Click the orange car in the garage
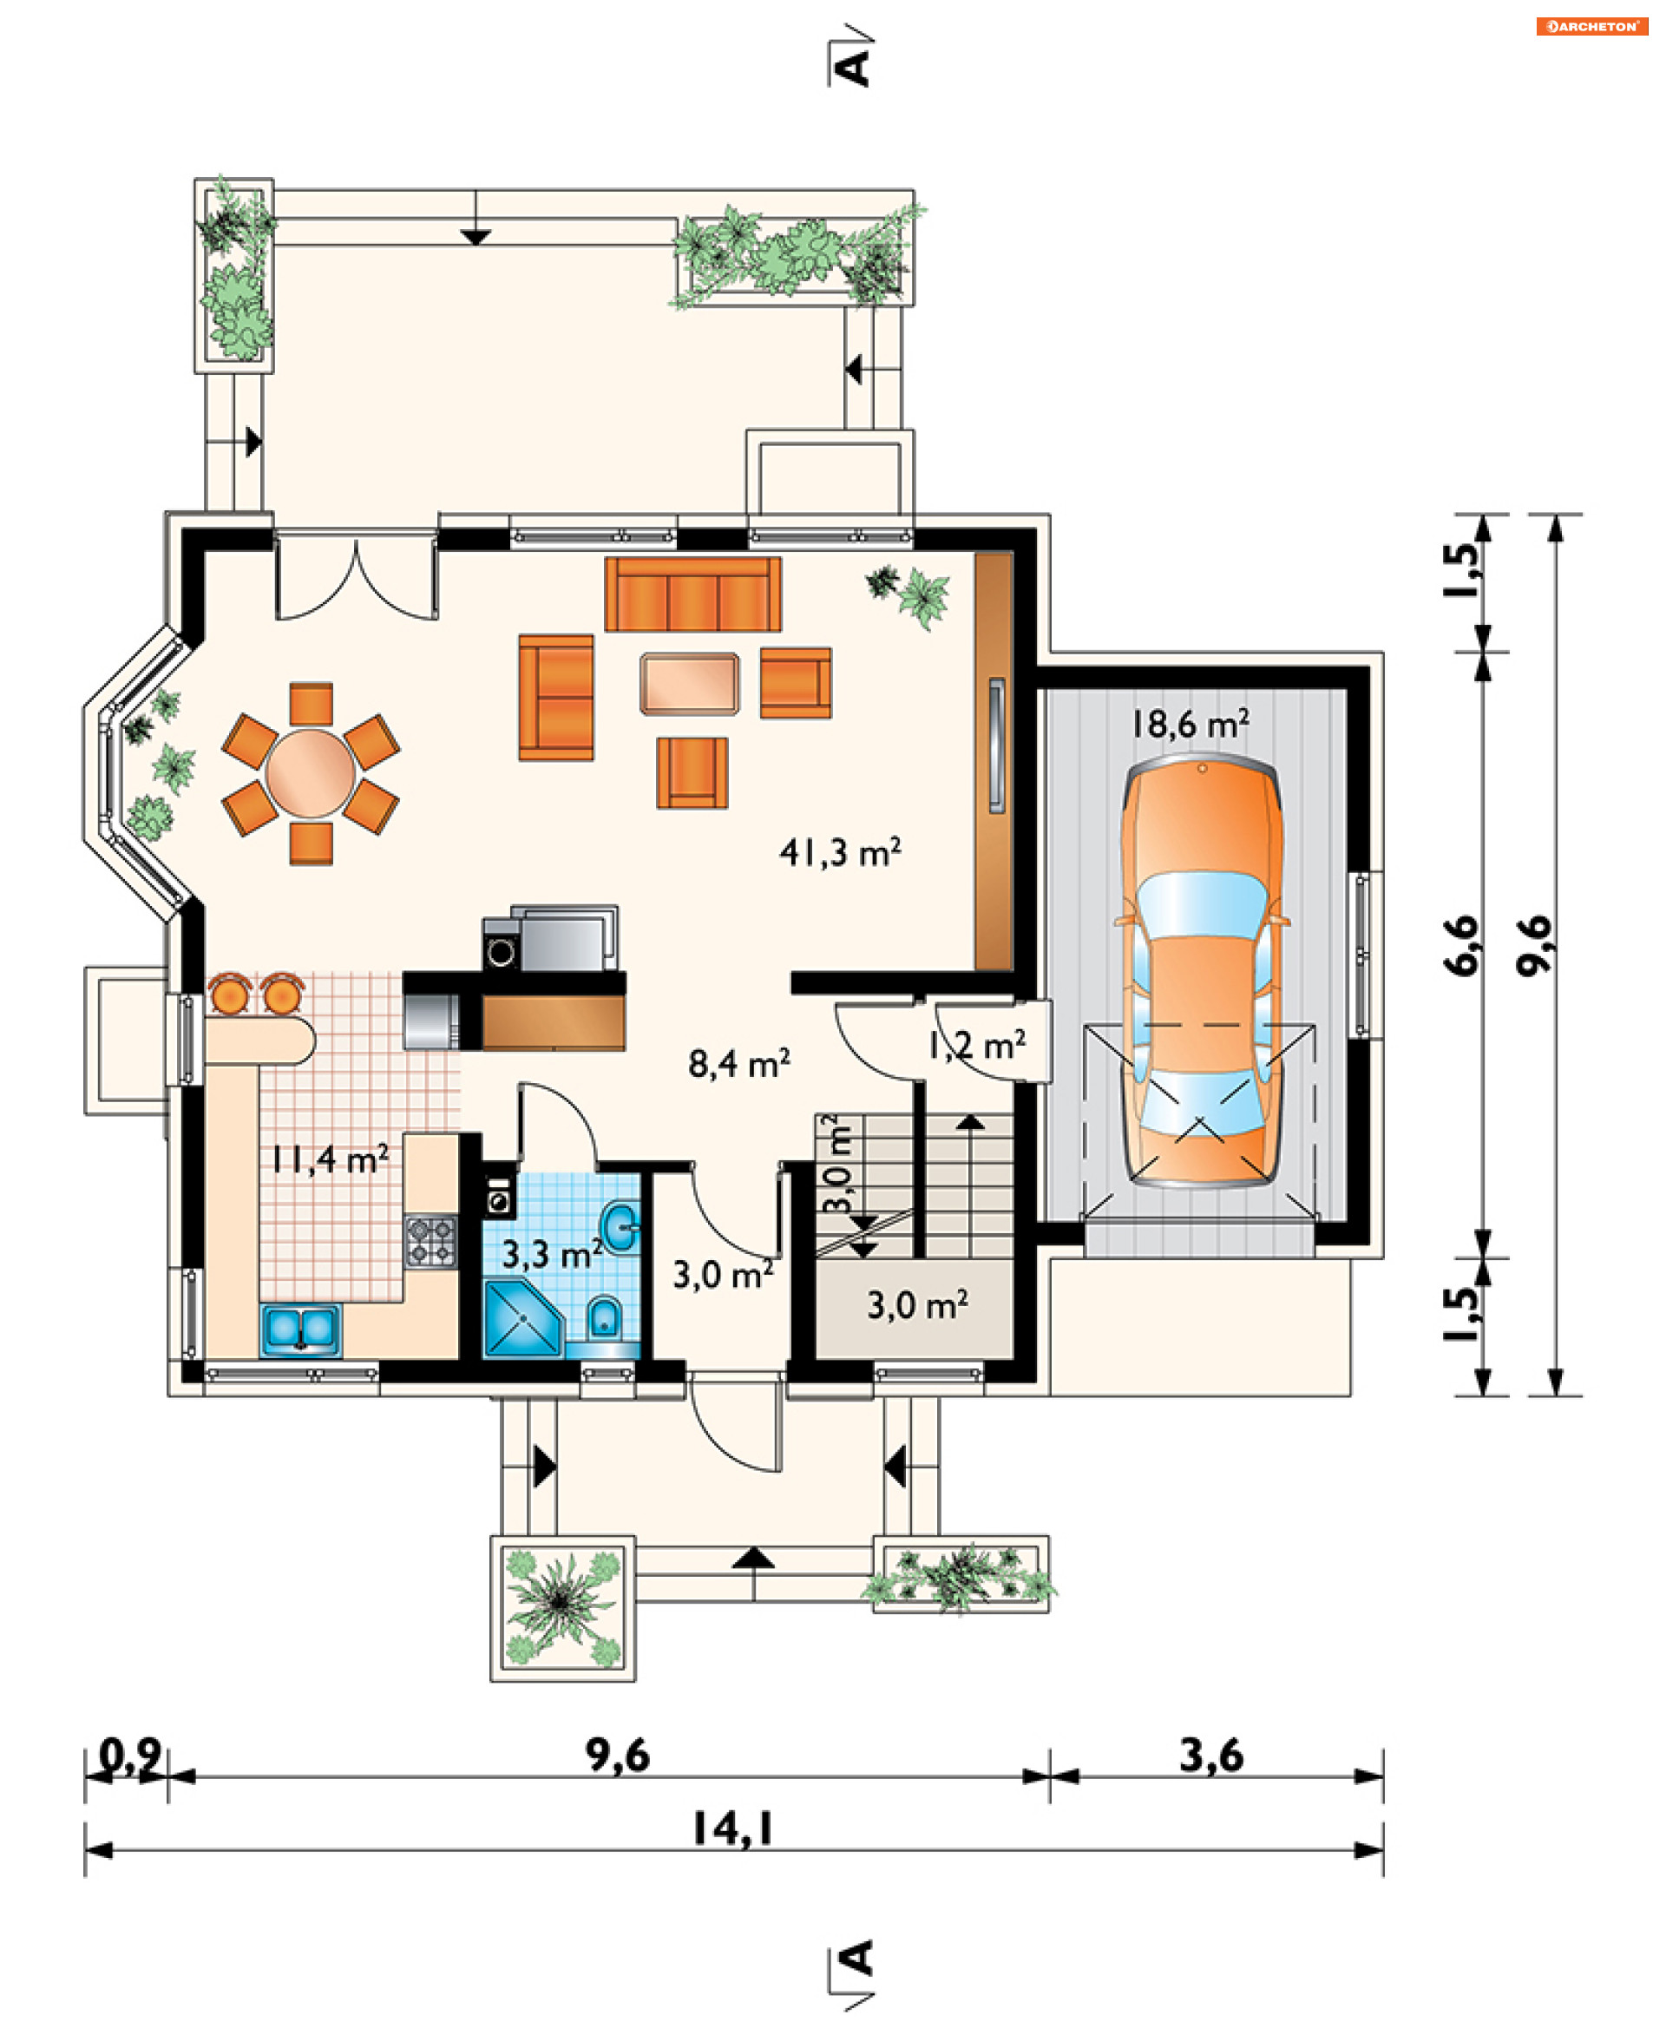click(1202, 970)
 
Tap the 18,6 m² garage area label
click(1190, 724)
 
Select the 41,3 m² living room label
click(840, 851)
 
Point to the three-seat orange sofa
click(693, 594)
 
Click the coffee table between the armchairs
click(690, 684)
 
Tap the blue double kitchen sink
click(300, 1329)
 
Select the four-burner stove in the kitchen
click(431, 1242)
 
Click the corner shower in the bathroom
click(523, 1318)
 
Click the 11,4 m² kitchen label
click(329, 1159)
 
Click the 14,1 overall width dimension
click(733, 1829)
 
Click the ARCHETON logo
click(1592, 26)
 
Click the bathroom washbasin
click(620, 1227)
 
